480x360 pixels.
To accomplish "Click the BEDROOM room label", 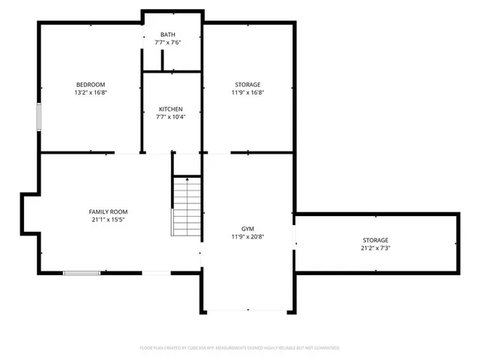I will [x=90, y=84].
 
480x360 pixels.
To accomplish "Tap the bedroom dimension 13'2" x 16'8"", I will [x=90, y=93].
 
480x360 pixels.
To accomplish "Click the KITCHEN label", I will [x=170, y=109].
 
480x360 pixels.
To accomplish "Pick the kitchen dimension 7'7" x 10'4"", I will [x=170, y=117].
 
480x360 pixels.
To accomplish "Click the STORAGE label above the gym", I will [x=247, y=84].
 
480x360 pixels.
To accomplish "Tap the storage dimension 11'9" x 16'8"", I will [x=247, y=93].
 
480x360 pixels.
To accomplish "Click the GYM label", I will [x=247, y=228].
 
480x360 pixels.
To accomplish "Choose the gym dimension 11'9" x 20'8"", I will [x=247, y=237].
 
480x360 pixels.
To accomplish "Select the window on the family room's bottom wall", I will [x=82, y=273].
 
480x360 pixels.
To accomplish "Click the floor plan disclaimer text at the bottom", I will [x=240, y=348].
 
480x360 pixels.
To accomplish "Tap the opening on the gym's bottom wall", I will [x=247, y=312].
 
